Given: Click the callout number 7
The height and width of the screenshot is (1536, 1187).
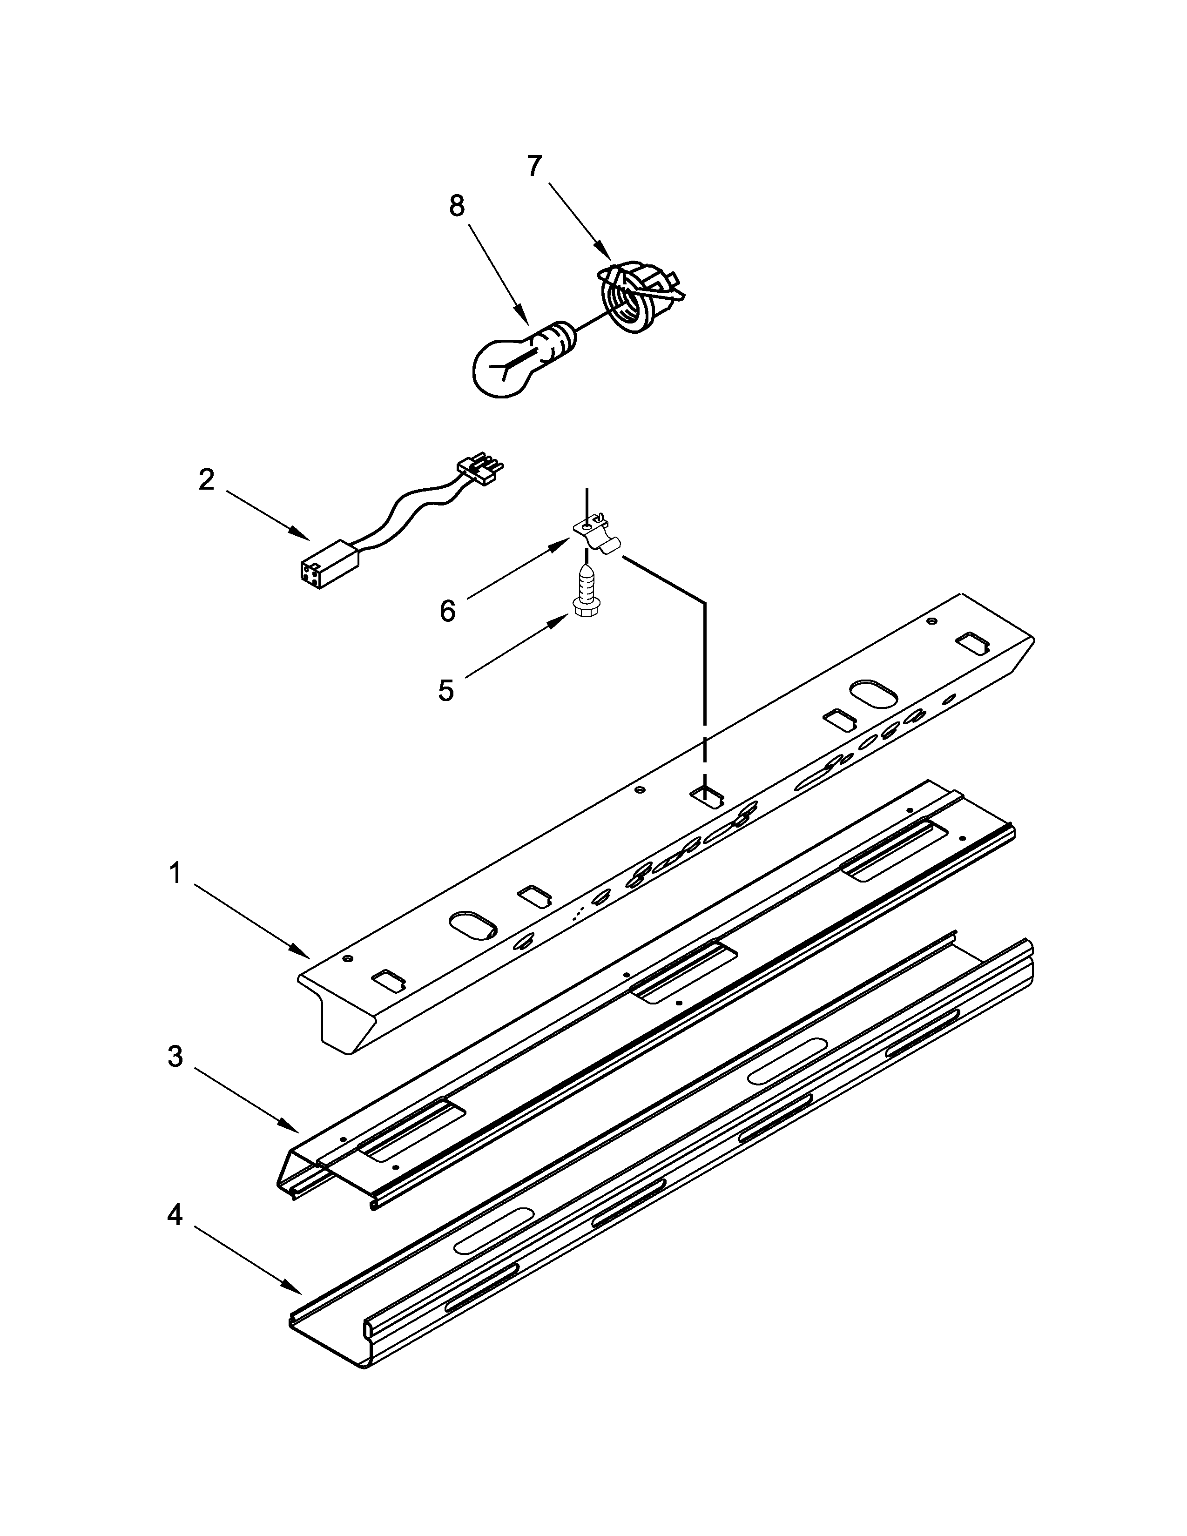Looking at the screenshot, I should click(534, 167).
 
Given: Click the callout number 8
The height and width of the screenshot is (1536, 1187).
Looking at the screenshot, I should click(457, 206).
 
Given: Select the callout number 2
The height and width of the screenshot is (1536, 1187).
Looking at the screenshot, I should click(206, 479).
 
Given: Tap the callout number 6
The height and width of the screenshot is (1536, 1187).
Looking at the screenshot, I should click(447, 611).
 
